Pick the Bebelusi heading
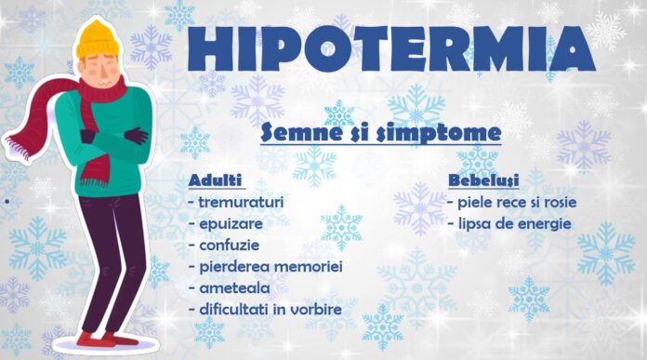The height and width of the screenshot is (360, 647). (x=482, y=179)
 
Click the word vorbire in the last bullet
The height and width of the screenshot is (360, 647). (x=313, y=310)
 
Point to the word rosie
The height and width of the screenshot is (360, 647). (x=553, y=201)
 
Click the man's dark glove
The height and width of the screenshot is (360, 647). (x=137, y=135)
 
